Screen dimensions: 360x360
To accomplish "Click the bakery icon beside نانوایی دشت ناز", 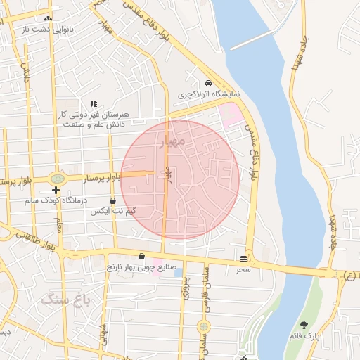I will point(48,19).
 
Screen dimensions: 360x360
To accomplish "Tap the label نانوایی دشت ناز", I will point(48,31).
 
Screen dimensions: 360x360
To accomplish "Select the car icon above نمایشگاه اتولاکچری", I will point(207,82).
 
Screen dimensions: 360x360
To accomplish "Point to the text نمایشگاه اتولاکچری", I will point(208,94).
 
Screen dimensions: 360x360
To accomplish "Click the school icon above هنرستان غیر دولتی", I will point(94,103).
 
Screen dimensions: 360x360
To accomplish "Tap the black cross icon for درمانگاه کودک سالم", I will point(56,191).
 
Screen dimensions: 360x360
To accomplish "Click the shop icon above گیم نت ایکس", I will point(112,200).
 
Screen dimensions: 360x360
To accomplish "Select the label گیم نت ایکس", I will point(112,211).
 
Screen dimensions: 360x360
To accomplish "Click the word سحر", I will point(243,269).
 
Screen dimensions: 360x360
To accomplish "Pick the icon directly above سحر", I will point(243,259).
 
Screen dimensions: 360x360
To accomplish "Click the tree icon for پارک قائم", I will point(304,325).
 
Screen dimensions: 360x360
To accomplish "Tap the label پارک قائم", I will point(304,336).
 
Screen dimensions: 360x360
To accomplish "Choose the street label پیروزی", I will point(185,287).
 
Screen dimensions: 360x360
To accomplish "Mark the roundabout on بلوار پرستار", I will point(56,178).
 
